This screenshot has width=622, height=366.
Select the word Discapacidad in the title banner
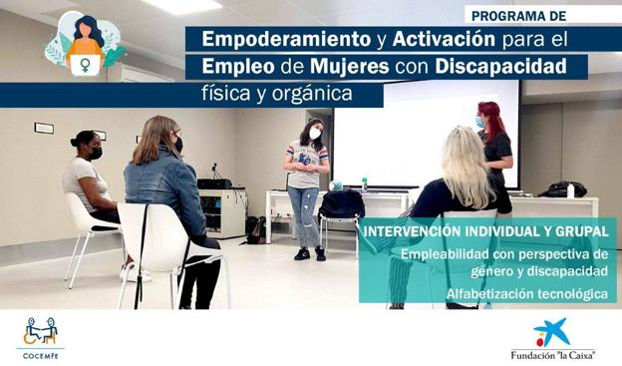click(x=509, y=66)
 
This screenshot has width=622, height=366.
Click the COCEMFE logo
click(x=40, y=336)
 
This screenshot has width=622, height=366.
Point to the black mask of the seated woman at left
click(x=97, y=154)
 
